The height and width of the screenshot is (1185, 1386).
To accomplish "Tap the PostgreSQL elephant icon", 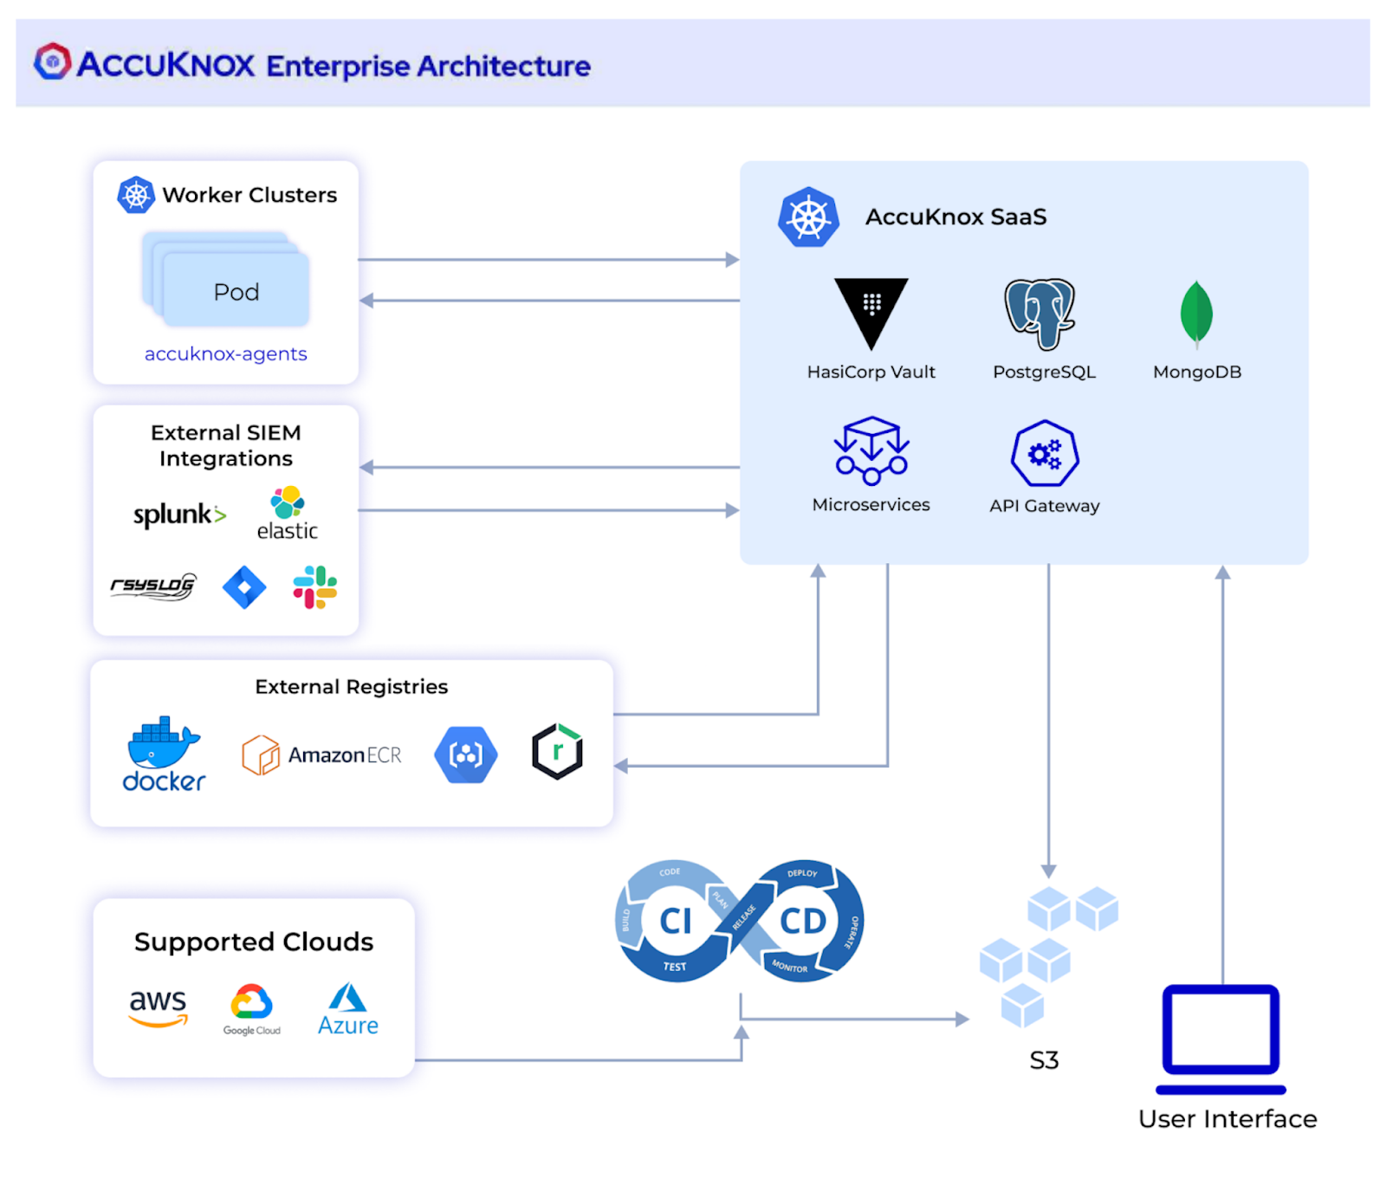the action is coord(1039,314).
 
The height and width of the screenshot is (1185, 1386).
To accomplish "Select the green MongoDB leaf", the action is coord(1196,314).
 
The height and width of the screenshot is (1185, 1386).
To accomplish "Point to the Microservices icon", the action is coord(871,450).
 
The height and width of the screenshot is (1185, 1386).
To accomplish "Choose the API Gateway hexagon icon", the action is coord(1045,453).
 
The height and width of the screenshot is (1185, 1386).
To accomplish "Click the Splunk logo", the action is coord(179,515).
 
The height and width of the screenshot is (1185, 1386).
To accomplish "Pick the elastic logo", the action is coord(288,514).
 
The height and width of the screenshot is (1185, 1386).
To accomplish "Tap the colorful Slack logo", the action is coord(314,586).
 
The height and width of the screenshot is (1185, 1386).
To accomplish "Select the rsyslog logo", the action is coord(153,586).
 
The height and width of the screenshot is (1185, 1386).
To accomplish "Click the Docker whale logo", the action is coord(164,754).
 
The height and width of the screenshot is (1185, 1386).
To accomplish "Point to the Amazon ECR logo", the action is coord(321,754).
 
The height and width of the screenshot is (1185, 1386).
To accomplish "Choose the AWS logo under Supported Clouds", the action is coord(158,1008).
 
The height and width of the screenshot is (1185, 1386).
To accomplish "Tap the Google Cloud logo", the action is coord(251,1009).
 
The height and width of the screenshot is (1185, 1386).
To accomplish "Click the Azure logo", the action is coord(348,1009).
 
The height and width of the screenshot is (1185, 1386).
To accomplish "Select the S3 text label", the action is coord(1044,1060).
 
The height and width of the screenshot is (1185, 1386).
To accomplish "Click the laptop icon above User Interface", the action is coord(1221,1039).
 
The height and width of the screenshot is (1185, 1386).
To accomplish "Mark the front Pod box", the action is coord(236,290).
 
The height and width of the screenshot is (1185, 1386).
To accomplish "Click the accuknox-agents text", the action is coord(225,353).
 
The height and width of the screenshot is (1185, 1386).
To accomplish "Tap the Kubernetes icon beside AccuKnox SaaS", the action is coord(808,217).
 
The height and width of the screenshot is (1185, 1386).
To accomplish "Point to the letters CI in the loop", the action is coord(676,921).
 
